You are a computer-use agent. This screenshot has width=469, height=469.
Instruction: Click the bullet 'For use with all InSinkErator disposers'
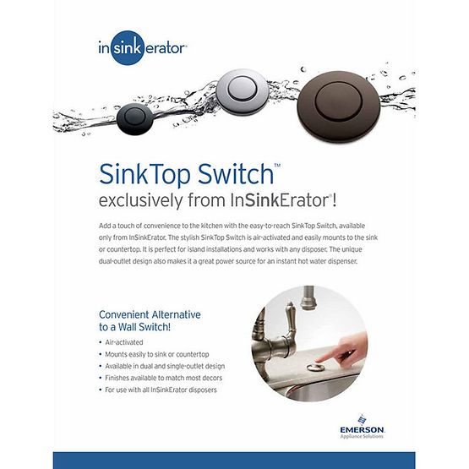click(x=163, y=390)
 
